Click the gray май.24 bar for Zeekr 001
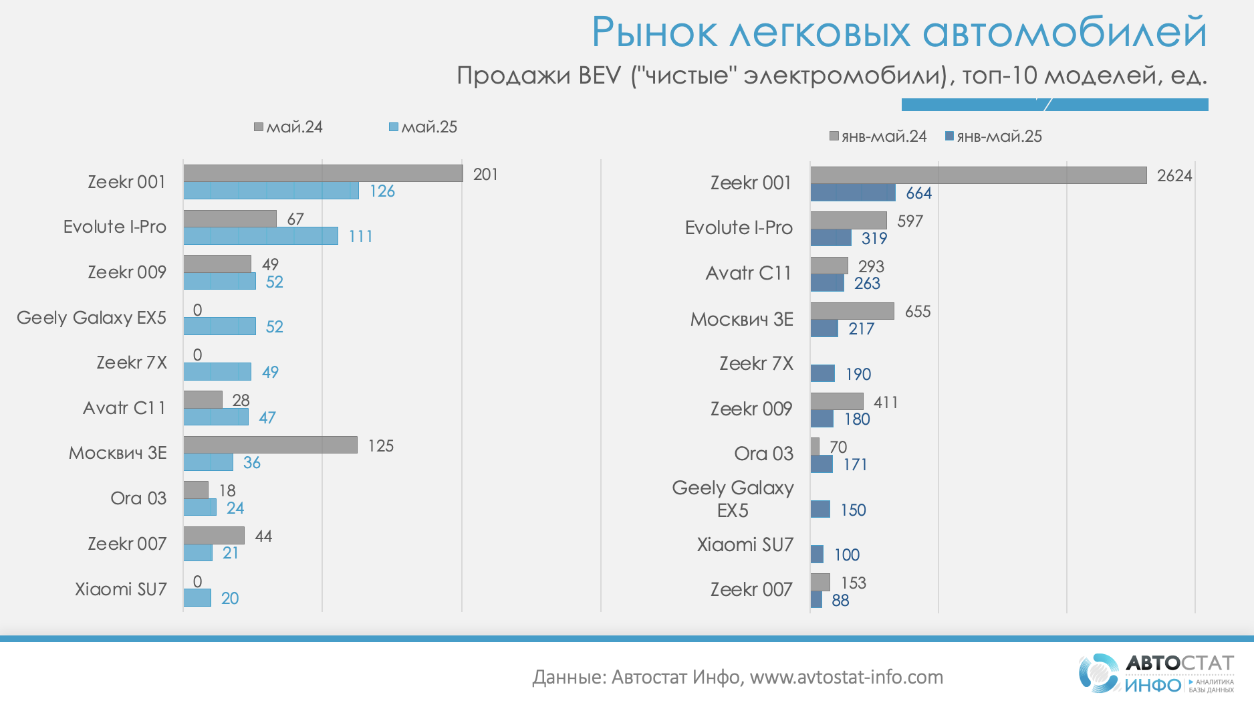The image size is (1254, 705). pyautogui.click(x=323, y=173)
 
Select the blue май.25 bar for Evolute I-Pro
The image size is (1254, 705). pyautogui.click(x=261, y=236)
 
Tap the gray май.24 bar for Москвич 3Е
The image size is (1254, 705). pyautogui.click(x=270, y=445)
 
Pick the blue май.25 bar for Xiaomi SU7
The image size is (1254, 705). pyautogui.click(x=197, y=597)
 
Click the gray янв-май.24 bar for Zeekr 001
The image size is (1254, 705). pyautogui.click(x=978, y=175)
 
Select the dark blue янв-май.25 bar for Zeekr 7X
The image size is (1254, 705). pyautogui.click(x=822, y=373)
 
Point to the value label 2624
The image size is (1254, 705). pyautogui.click(x=1174, y=176)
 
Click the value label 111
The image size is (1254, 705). pyautogui.click(x=360, y=237)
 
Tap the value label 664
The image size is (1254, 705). pyautogui.click(x=918, y=193)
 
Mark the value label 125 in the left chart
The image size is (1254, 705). pyautogui.click(x=380, y=446)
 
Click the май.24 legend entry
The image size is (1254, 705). pyautogui.click(x=288, y=127)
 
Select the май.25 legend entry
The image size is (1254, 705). pyautogui.click(x=423, y=127)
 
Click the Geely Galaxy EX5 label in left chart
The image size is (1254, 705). pyautogui.click(x=92, y=318)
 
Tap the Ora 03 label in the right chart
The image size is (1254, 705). pyautogui.click(x=763, y=454)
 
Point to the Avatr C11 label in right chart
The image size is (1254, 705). pyautogui.click(x=749, y=273)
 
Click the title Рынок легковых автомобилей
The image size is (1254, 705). pyautogui.click(x=899, y=32)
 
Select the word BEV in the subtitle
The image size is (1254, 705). pyautogui.click(x=600, y=76)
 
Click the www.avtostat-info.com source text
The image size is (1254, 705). pyautogui.click(x=846, y=678)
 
